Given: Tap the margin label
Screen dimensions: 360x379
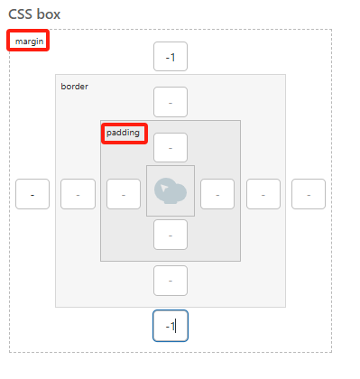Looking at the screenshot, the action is [28, 42].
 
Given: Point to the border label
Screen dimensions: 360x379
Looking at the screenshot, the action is [74, 87].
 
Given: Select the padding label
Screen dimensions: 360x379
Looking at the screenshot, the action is [123, 133].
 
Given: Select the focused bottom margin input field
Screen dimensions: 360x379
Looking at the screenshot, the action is [170, 325].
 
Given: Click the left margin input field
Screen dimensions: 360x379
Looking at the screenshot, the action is [32, 193].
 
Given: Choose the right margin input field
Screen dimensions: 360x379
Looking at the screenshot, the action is [308, 193].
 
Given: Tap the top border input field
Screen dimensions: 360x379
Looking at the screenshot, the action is [171, 102].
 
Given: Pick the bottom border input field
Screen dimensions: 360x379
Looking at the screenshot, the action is [171, 281].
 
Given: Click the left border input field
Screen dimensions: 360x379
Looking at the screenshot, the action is [78, 193].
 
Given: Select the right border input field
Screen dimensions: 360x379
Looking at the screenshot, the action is [263, 193].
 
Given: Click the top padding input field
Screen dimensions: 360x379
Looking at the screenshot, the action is [171, 146].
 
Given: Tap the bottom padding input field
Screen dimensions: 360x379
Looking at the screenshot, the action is [171, 235].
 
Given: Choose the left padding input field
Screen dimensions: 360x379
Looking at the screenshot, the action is [124, 193].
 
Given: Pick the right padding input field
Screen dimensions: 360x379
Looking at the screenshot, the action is [217, 193].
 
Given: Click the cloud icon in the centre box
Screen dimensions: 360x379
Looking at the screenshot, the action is [170, 190].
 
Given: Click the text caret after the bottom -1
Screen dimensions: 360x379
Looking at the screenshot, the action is [176, 325].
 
